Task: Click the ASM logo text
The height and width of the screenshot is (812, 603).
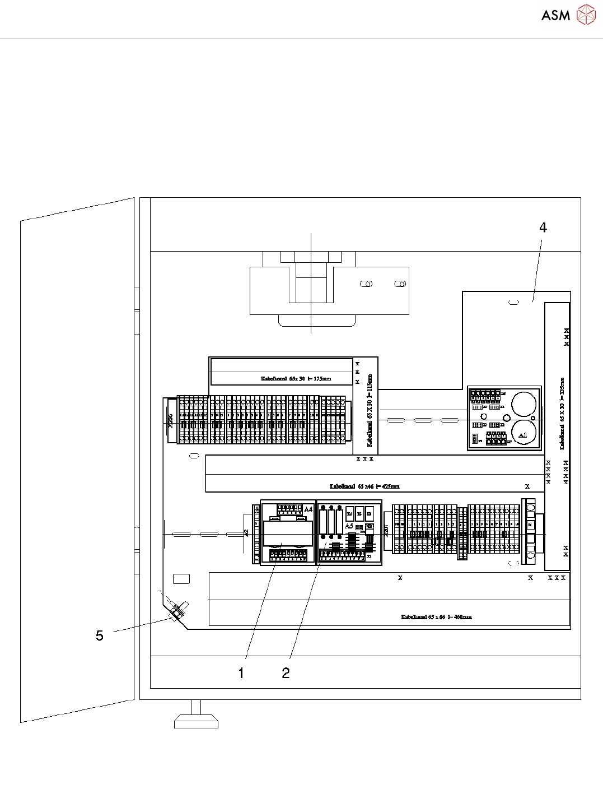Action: pos(555,15)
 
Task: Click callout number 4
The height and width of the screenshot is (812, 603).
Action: pos(543,228)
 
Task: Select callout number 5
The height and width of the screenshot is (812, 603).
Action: pos(100,635)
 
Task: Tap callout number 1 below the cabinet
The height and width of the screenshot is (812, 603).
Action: pos(241,673)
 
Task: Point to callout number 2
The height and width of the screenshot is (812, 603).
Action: pos(286,673)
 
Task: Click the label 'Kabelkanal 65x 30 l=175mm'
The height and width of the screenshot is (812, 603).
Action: pos(296,379)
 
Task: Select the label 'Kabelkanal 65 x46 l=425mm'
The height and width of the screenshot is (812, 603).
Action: pos(364,486)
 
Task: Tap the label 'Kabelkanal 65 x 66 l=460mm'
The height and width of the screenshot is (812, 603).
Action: pos(436,617)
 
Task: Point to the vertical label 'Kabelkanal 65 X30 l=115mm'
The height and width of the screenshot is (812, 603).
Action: pos(370,411)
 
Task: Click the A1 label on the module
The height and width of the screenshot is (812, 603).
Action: pos(522,435)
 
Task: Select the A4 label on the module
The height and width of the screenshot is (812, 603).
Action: pos(308,509)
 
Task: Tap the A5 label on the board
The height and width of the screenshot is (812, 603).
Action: pos(349,526)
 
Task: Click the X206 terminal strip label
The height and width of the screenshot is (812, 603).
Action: pos(171,421)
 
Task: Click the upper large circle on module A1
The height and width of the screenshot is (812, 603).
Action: pos(524,403)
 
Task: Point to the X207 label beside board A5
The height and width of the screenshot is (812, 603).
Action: pos(386,530)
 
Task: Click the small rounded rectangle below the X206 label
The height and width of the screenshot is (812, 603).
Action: pos(194,456)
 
